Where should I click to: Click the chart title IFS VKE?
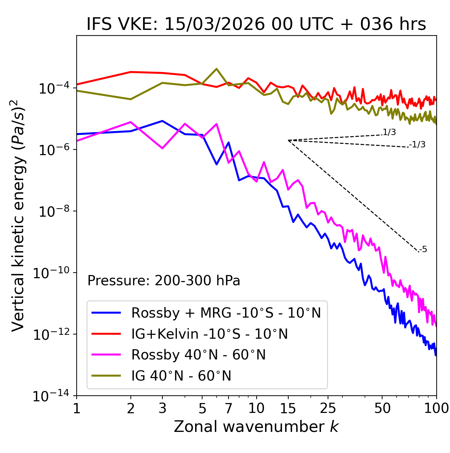[x=256, y=25]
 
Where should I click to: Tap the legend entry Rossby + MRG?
[x=226, y=313]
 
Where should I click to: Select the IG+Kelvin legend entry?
[x=210, y=334]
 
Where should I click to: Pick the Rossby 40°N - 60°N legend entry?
[x=198, y=355]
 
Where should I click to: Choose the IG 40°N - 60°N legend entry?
[x=181, y=376]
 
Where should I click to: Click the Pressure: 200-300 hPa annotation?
[x=164, y=281]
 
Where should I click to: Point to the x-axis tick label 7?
[x=229, y=408]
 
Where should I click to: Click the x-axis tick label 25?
[x=328, y=408]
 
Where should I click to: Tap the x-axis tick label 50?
[x=382, y=408]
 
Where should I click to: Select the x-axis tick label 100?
[x=436, y=408]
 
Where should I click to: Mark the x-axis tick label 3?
[x=162, y=408]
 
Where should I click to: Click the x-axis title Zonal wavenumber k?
[x=256, y=427]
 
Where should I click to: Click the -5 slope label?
[x=423, y=250]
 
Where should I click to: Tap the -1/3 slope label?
[x=418, y=145]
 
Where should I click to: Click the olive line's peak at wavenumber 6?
[x=217, y=69]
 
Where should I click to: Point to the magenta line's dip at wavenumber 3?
[x=162, y=148]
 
